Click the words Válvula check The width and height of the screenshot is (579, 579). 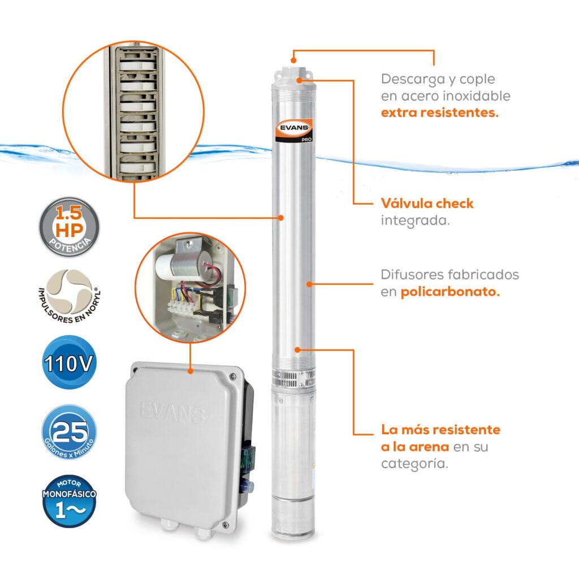[x=427, y=204]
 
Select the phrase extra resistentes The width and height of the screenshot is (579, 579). [x=440, y=112]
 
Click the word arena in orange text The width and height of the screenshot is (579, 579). [x=430, y=447]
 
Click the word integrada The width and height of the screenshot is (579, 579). [x=415, y=220]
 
